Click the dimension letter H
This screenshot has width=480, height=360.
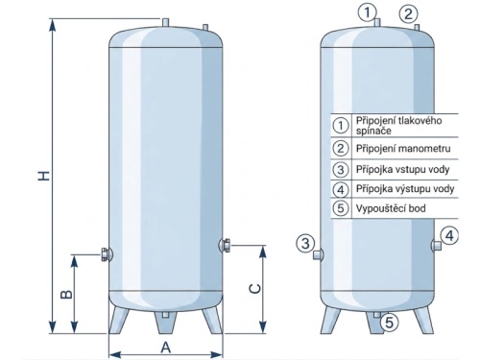[44, 176]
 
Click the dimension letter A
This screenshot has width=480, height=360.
[165, 348]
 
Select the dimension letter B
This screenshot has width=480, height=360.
[66, 294]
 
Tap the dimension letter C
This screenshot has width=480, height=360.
[255, 289]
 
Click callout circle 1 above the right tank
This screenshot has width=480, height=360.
[367, 12]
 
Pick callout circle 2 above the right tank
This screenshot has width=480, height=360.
[408, 14]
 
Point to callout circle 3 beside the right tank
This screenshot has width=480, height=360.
[305, 243]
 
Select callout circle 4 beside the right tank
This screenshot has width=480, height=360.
[449, 236]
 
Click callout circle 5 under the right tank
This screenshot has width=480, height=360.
[389, 322]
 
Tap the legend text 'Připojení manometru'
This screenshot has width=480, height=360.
[403, 149]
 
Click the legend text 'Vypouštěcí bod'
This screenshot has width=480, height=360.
[391, 208]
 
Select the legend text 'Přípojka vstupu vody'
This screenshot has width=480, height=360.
[402, 169]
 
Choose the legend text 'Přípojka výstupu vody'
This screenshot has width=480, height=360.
[405, 189]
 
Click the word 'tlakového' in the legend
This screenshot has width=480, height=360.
[420, 120]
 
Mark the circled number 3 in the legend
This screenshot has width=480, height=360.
[340, 169]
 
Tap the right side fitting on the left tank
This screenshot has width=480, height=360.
[225, 245]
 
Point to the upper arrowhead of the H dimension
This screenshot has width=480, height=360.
[53, 25]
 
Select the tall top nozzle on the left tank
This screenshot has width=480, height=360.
[165, 23]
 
